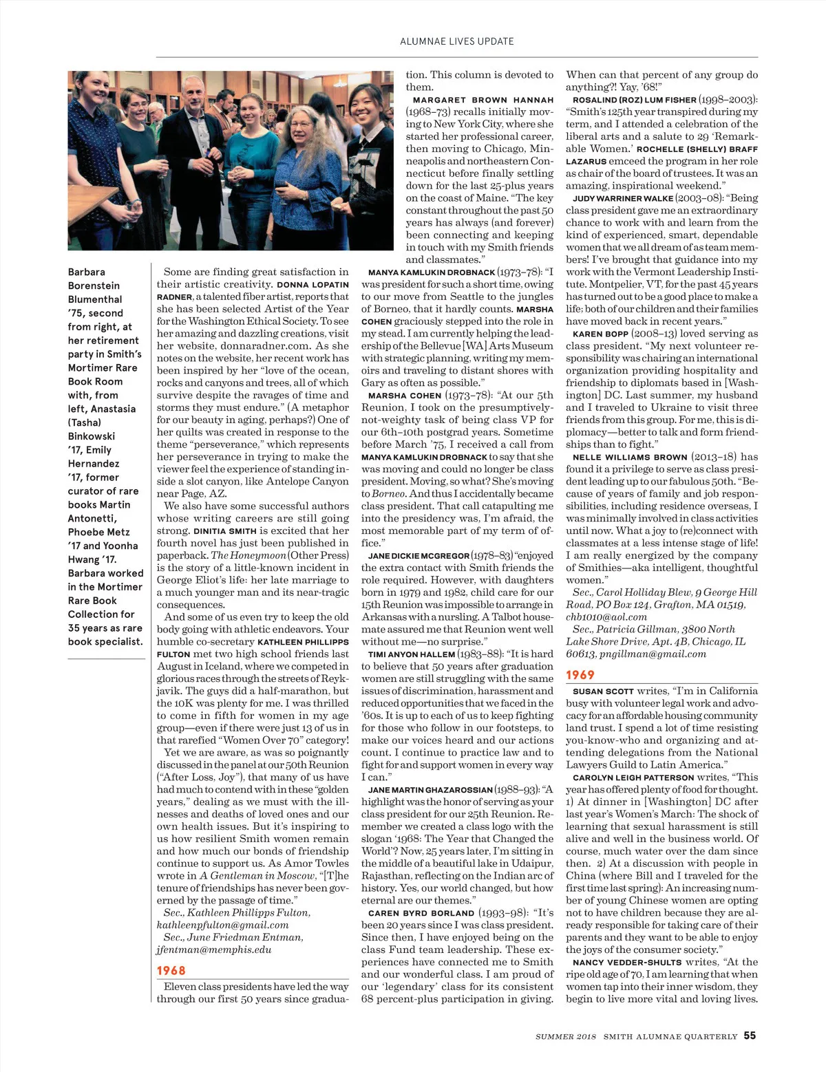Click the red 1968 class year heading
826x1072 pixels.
[x=171, y=970]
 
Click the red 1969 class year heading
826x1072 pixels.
[x=580, y=675]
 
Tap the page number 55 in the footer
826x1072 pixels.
[x=750, y=1036]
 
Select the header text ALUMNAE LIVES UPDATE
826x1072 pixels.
[x=457, y=41]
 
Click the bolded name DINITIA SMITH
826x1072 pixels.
[x=225, y=531]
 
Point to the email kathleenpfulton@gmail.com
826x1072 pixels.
[x=222, y=925]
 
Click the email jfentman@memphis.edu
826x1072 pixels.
[x=213, y=950]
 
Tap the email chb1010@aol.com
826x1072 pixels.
[x=606, y=617]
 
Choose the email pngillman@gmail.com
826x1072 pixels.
[x=652, y=654]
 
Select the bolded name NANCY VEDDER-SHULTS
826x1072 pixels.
[x=627, y=963]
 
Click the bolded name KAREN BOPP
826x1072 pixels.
[x=600, y=334]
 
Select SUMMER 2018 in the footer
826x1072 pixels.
[x=566, y=1036]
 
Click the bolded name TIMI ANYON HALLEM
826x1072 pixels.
[x=412, y=654]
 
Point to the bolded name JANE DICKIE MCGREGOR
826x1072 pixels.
[x=419, y=555]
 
